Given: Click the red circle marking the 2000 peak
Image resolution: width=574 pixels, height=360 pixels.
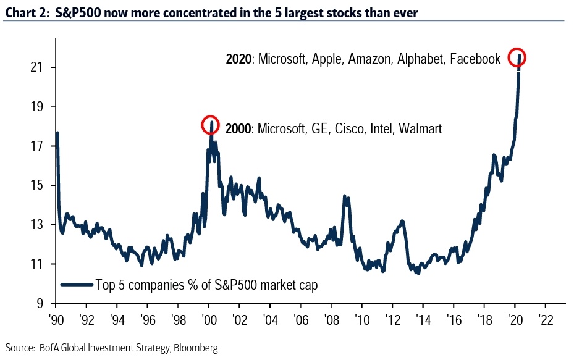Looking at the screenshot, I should (x=210, y=125).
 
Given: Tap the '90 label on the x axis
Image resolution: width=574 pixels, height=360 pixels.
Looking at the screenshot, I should (x=55, y=321).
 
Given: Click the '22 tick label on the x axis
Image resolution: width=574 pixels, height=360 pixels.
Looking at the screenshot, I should (x=546, y=321).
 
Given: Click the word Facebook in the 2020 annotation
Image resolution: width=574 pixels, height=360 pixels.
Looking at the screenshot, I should (x=475, y=59).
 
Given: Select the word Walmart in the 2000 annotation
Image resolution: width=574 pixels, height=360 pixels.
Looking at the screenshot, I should (x=420, y=129).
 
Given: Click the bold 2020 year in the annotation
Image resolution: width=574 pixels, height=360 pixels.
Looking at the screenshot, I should (x=240, y=59).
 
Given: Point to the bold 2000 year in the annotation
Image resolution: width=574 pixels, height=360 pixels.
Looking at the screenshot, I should (x=239, y=129).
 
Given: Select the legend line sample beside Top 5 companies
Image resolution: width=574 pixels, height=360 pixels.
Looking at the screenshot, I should (x=77, y=285).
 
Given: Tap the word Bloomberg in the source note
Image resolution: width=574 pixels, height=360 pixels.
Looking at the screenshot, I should (x=196, y=349).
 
